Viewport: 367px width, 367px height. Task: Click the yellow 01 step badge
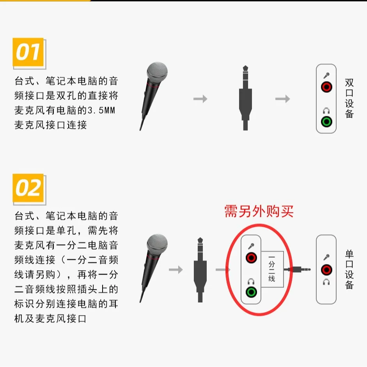[x=28, y=52]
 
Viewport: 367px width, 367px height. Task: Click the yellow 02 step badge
[x=28, y=188]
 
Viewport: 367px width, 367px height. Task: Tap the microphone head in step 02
[x=157, y=243]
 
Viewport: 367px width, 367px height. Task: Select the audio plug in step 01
[x=245, y=98]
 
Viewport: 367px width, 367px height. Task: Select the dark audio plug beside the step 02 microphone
[x=200, y=269]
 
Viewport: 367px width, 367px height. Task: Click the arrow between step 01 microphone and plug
[x=200, y=99]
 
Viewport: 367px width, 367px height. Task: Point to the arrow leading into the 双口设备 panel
[x=282, y=99]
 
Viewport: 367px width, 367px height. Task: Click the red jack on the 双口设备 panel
[x=326, y=87]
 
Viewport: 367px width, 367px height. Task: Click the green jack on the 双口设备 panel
[x=326, y=121]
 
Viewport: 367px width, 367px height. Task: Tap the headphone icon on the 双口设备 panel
[x=326, y=111]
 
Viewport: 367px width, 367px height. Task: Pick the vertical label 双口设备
[x=349, y=98]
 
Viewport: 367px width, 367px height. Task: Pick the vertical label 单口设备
[x=349, y=269]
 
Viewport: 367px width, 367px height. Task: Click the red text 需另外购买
[x=259, y=211]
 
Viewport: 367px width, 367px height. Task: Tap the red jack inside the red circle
[x=251, y=258]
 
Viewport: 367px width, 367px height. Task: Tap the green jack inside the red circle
[x=251, y=292]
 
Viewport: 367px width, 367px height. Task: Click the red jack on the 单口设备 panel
[x=326, y=269]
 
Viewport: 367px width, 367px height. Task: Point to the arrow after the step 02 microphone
[x=176, y=269]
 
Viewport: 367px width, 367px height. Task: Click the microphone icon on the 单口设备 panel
[x=326, y=257]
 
